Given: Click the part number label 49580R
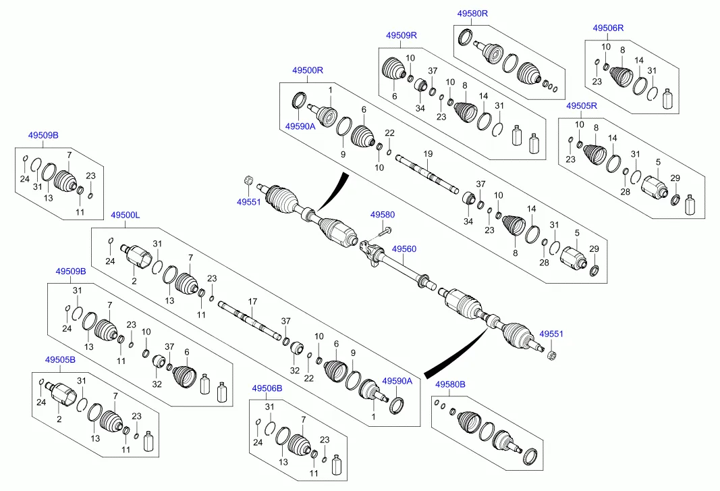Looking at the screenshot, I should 472,14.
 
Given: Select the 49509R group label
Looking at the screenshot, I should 401,35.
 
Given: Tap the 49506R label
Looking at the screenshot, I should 608,28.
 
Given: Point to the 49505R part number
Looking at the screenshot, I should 582,106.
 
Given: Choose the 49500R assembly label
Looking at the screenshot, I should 308,70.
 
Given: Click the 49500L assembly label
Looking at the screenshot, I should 125,215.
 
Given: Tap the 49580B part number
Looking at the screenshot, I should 450,384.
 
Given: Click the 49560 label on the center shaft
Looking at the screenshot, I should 404,249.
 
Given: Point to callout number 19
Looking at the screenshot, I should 428,154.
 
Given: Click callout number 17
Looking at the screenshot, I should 252,301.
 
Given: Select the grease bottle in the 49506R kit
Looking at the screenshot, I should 669,99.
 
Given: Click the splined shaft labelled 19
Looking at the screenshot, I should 428,174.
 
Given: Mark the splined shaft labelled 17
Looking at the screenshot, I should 250,319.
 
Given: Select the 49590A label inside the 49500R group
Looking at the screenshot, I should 300,126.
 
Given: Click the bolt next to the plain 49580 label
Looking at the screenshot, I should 383,232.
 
